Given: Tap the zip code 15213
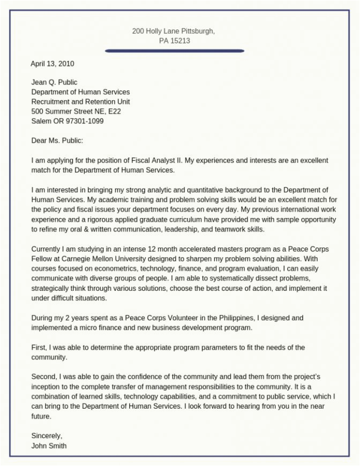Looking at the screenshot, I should [181, 41].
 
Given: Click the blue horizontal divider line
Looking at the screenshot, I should [175, 51].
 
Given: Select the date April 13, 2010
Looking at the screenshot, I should [52, 63].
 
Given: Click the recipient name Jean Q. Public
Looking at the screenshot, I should [54, 82].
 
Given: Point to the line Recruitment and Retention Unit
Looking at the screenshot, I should [80, 102].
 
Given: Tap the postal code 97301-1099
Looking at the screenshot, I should [85, 121].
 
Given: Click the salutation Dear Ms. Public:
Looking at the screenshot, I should [57, 141].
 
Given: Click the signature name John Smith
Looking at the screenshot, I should [49, 445].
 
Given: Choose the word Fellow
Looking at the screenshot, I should [44, 259].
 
